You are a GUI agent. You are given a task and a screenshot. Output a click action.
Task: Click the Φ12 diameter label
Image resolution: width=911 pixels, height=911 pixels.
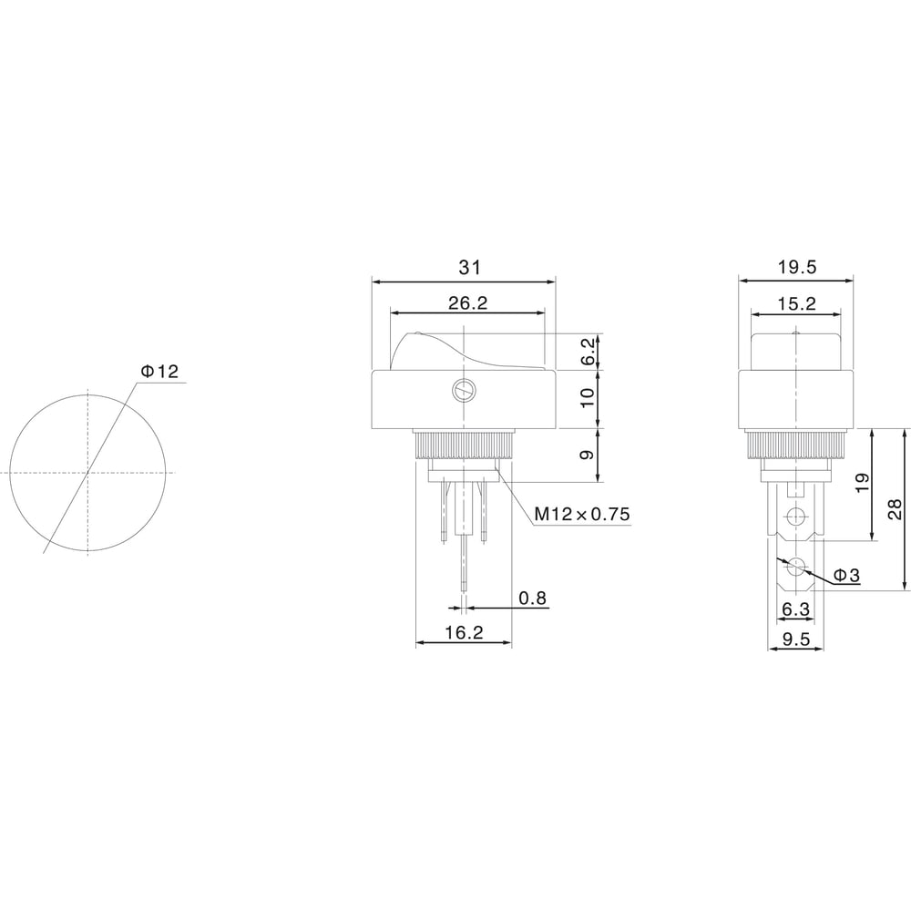[159, 372]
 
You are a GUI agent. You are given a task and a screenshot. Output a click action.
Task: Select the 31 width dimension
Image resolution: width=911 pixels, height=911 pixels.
[470, 267]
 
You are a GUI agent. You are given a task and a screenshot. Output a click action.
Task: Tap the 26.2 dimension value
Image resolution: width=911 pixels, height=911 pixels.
[467, 302]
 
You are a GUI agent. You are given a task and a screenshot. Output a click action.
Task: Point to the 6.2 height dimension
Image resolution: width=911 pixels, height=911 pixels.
[588, 352]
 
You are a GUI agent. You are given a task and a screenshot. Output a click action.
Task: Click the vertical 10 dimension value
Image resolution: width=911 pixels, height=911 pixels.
[588, 397]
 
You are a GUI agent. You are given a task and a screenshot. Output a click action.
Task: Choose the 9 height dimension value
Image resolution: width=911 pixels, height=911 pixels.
[588, 455]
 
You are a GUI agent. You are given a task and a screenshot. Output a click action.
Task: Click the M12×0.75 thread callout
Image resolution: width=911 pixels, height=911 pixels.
[582, 514]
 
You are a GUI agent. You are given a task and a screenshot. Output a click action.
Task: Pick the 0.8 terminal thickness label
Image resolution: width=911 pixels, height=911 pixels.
[533, 598]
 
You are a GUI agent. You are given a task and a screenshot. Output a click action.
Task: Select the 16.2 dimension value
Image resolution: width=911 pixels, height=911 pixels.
[465, 632]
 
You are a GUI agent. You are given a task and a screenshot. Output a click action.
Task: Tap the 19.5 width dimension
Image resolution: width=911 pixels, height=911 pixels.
[796, 267]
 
